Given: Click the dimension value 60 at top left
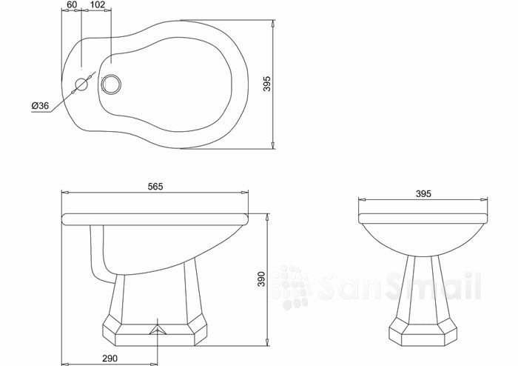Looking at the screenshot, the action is pyautogui.click(x=71, y=4).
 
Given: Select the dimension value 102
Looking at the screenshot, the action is pyautogui.click(x=97, y=4).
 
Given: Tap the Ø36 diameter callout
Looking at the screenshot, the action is pyautogui.click(x=40, y=105).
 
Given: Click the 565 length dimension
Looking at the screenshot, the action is pyautogui.click(x=155, y=187).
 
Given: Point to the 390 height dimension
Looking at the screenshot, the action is pyautogui.click(x=261, y=279).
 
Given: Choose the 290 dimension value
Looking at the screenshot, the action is pyautogui.click(x=110, y=358).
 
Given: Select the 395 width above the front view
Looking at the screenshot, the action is pyautogui.click(x=423, y=193).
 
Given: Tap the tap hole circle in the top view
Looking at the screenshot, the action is pyautogui.click(x=81, y=84).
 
